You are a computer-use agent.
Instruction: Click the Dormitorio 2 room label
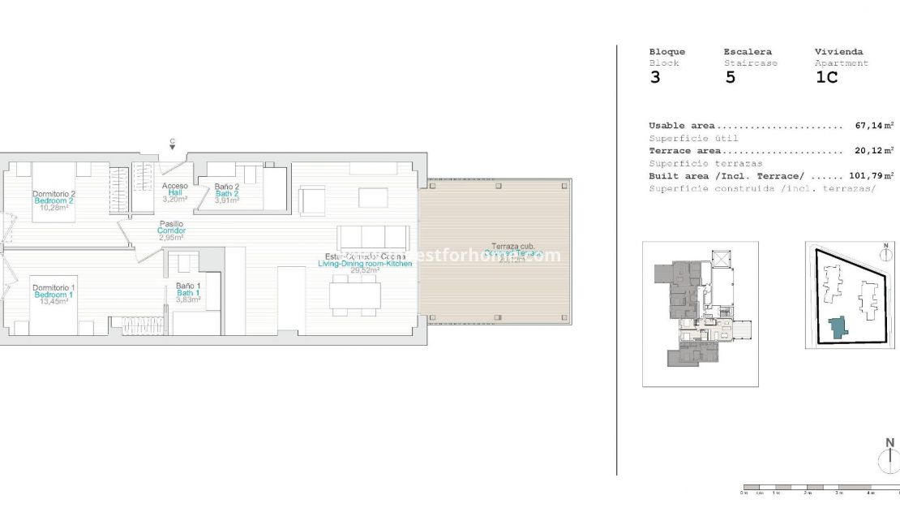pos(54,194)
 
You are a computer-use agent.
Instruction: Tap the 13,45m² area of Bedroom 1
pos(54,301)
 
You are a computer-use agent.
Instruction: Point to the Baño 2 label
pos(227,186)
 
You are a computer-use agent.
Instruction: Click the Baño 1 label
pos(188,286)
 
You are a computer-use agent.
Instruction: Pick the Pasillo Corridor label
pos(171,224)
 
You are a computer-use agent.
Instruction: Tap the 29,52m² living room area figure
pos(365,270)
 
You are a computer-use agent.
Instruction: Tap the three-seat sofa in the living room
pos(372,237)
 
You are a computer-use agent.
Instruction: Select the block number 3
pos(655,79)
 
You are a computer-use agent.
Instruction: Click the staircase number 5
pos(731,79)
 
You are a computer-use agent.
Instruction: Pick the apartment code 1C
pos(826,79)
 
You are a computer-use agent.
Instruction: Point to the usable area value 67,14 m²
pos(874,126)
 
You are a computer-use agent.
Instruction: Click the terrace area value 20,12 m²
pos(874,151)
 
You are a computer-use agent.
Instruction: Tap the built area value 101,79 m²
pos(872,176)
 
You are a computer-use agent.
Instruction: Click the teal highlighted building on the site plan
pos(837,327)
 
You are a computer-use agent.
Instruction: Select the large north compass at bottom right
pos(889,458)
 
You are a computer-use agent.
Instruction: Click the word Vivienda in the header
pos(838,52)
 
